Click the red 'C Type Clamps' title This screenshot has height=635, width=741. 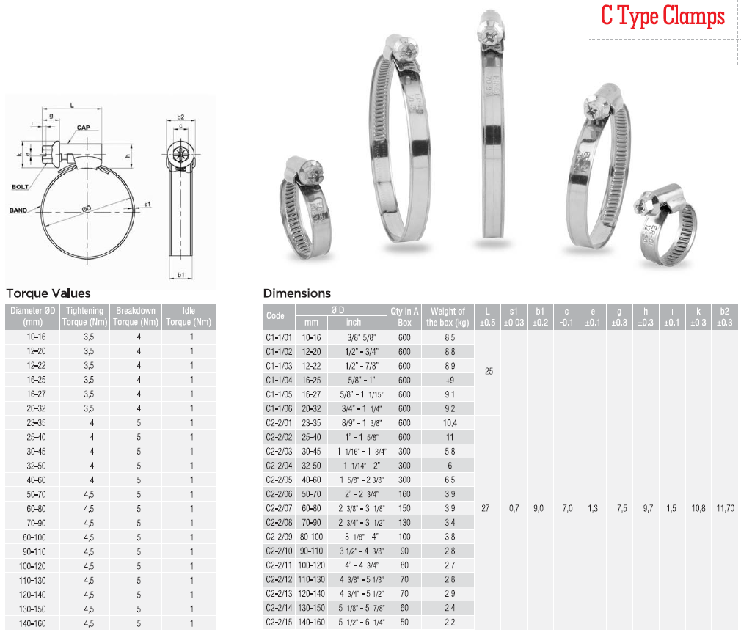pyautogui.click(x=662, y=16)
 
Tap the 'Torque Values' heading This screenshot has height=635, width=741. pyautogui.click(x=48, y=293)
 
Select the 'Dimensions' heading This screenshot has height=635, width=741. pyautogui.click(x=297, y=293)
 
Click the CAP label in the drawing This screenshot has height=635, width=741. pyautogui.click(x=83, y=128)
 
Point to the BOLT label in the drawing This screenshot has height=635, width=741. pyautogui.click(x=20, y=187)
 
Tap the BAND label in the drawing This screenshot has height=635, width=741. pyautogui.click(x=18, y=210)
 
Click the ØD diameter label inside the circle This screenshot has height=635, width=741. pyautogui.click(x=86, y=209)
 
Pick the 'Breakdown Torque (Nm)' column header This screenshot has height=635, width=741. pyautogui.click(x=136, y=317)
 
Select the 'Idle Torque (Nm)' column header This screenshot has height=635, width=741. pyautogui.click(x=189, y=317)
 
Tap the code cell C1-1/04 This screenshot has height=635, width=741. pyautogui.click(x=279, y=381)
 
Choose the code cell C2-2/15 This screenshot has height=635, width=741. pyautogui.click(x=279, y=623)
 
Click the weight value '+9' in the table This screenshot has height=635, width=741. pyautogui.click(x=450, y=381)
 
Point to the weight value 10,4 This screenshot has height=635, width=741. pyautogui.click(x=450, y=423)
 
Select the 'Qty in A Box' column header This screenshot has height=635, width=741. pyautogui.click(x=404, y=317)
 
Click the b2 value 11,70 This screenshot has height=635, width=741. pyautogui.click(x=726, y=508)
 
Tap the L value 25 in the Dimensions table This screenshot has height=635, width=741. pyautogui.click(x=489, y=371)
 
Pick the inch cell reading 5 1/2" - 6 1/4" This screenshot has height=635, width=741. pyautogui.click(x=362, y=623)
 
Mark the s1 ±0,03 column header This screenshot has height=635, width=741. pyautogui.click(x=514, y=317)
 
